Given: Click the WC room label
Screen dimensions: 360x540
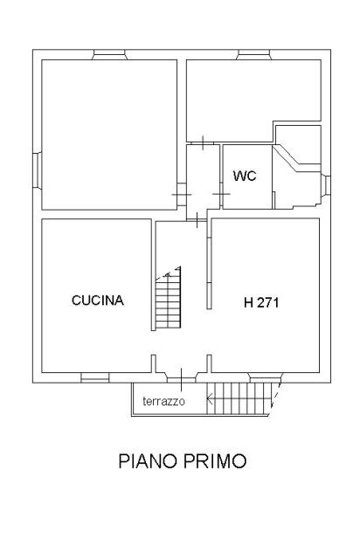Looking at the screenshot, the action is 245,176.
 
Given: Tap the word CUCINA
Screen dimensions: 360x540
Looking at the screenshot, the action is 98,301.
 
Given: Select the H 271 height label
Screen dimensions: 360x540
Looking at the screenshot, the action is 261,302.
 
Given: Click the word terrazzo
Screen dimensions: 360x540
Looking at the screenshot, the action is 163,401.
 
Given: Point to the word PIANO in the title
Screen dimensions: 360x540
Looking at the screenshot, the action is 148,460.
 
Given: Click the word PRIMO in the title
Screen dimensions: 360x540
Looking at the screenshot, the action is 215,460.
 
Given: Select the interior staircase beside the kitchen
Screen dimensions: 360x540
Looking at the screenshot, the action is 168,298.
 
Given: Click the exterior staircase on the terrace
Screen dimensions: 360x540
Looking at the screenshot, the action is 243,398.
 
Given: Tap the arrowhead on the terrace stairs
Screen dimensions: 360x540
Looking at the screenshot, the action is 209,399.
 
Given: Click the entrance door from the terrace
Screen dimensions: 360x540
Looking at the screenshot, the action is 181,378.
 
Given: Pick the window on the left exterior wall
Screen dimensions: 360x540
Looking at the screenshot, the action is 38,170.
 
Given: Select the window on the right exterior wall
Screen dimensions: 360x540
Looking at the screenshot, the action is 326,186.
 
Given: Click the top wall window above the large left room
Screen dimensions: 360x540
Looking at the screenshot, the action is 109,54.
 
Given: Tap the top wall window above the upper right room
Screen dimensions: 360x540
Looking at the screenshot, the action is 254,54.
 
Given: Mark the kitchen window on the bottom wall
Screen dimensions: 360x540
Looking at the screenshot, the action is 94,377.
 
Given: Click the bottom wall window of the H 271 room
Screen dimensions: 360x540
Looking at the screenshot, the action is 266,377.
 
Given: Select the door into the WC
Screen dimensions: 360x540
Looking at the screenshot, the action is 221,194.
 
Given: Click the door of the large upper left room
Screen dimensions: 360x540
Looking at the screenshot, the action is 182,195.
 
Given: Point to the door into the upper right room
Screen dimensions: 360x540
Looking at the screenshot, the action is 203,142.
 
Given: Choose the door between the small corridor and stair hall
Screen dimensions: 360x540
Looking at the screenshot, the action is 197,220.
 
